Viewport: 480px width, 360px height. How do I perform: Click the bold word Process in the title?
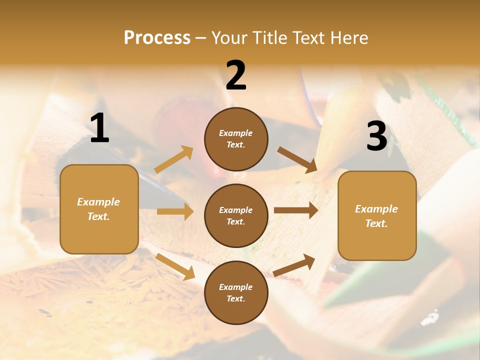[157, 37]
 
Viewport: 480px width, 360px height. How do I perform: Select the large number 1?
[99, 128]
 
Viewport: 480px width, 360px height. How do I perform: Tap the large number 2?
[236, 75]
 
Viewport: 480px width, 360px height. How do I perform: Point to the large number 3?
[376, 136]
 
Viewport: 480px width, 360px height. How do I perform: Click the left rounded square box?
[99, 209]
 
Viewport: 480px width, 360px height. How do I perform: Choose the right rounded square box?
[377, 215]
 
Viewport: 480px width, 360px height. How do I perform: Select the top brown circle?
[236, 139]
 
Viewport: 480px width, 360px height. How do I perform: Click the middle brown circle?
[236, 215]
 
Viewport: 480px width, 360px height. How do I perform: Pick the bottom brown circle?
[236, 292]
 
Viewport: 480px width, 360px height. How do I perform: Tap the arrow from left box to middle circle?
[175, 211]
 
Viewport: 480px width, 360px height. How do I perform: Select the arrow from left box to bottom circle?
[175, 266]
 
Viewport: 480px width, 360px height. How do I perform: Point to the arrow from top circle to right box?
[297, 159]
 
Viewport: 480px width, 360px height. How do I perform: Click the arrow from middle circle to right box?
[296, 210]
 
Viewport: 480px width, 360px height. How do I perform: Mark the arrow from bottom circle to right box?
[294, 265]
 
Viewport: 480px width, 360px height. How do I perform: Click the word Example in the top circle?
[236, 133]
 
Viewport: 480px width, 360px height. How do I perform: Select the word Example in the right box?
[376, 209]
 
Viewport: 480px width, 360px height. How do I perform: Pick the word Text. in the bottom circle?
[236, 298]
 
